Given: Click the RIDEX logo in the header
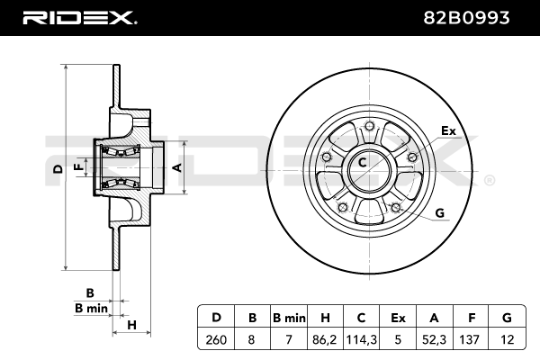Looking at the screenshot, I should (79, 17).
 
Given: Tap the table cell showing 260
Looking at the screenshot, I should (216, 340).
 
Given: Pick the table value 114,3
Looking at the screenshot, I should (362, 340).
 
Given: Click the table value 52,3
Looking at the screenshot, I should (435, 340).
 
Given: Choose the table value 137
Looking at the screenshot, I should (471, 340).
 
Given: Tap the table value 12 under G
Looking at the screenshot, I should (507, 340).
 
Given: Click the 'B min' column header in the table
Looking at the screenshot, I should (289, 318).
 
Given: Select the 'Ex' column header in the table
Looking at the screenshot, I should (398, 318).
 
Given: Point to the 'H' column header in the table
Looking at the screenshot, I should (326, 318).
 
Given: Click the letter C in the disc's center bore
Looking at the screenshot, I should (363, 163).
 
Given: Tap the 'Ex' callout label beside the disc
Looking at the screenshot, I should (448, 131).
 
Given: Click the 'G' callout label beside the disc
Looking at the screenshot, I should (440, 212).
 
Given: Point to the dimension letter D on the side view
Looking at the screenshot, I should (57, 168).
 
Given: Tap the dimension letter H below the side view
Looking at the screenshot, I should (131, 325).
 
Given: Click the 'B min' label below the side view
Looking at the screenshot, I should (91, 308).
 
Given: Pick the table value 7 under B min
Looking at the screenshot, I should (289, 340).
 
